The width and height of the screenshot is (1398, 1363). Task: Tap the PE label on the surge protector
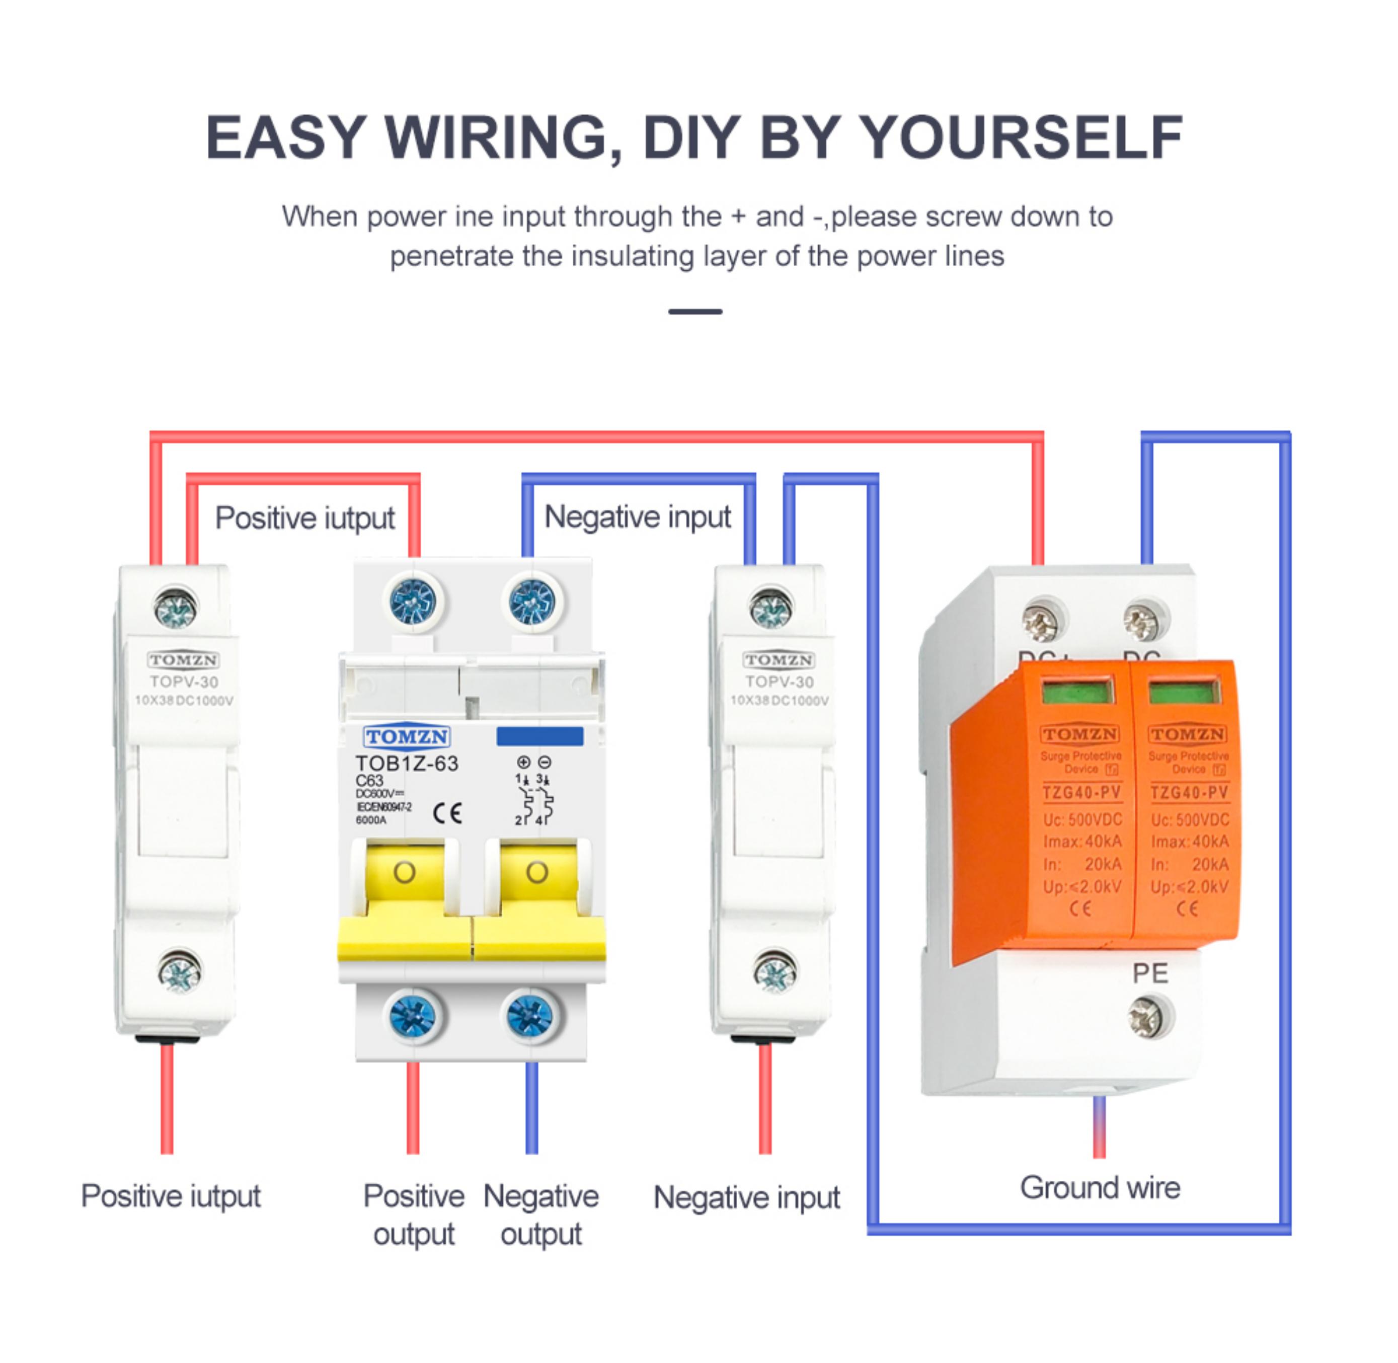pyautogui.click(x=1149, y=973)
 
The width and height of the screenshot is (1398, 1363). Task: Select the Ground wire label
pyautogui.click(x=1100, y=1188)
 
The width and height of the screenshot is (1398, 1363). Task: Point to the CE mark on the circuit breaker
pyautogui.click(x=447, y=813)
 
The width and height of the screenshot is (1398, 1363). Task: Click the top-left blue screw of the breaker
pyautogui.click(x=413, y=600)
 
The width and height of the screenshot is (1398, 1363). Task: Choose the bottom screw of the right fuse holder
pyautogui.click(x=775, y=972)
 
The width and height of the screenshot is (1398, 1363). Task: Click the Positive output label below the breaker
pyautogui.click(x=414, y=1215)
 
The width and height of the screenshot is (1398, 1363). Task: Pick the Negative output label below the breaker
pyautogui.click(x=541, y=1215)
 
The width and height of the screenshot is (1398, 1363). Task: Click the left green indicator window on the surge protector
pyautogui.click(x=1078, y=692)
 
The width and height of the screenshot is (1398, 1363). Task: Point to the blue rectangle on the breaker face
pyautogui.click(x=540, y=736)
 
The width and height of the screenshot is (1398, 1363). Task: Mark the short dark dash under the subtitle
pyautogui.click(x=695, y=312)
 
